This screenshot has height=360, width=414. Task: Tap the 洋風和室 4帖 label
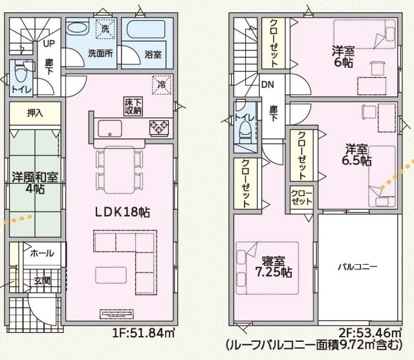tap(36, 183)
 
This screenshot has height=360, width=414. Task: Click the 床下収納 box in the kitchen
tap(134, 106)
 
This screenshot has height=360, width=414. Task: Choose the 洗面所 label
tap(100, 54)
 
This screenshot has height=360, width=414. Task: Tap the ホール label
tap(42, 253)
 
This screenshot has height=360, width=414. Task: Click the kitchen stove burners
tap(159, 128)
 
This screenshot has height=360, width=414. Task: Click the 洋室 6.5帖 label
tap(356, 153)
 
